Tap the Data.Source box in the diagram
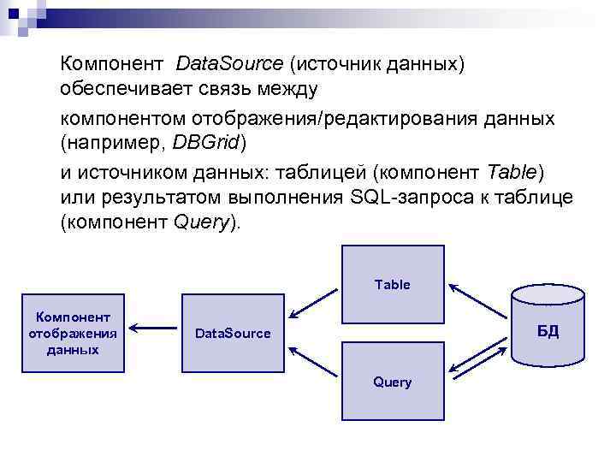click(x=232, y=333)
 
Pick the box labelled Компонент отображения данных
click(x=73, y=333)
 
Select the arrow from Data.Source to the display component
click(x=155, y=326)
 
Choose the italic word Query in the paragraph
click(x=202, y=224)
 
